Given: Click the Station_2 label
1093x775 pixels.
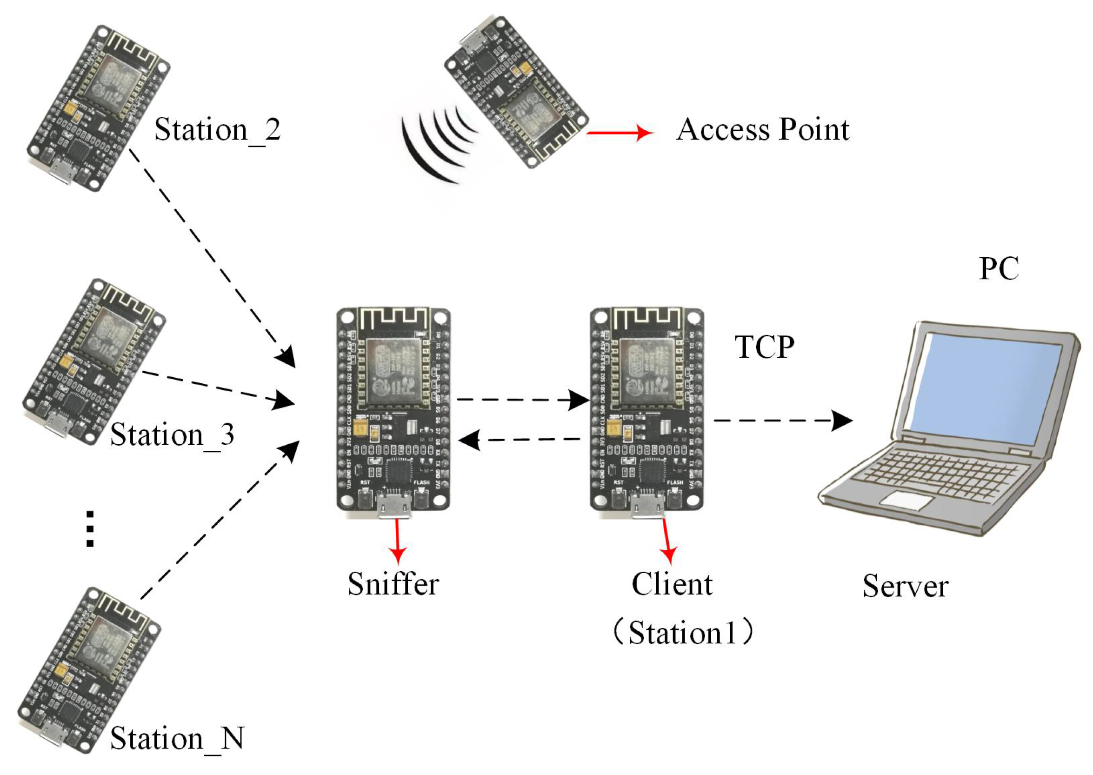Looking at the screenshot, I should click(217, 130).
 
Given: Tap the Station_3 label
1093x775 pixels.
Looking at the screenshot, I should click(172, 435).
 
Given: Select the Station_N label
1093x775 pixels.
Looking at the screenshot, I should click(177, 738).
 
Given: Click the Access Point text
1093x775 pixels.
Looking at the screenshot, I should click(762, 129).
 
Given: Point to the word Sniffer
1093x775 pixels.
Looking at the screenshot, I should click(393, 584).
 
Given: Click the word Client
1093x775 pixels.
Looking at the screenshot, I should click(672, 584).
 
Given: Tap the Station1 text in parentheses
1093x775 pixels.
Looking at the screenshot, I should click(683, 633).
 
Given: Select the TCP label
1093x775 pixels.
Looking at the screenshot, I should click(764, 347).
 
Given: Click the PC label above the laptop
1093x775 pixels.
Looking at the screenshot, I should click(999, 269).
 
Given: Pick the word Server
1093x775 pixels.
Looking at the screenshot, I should click(905, 586).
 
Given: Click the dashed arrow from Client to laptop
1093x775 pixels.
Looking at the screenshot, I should click(782, 421).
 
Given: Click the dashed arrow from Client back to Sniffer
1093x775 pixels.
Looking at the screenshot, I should click(520, 440).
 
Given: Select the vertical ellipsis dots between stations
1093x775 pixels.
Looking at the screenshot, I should click(90, 529).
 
